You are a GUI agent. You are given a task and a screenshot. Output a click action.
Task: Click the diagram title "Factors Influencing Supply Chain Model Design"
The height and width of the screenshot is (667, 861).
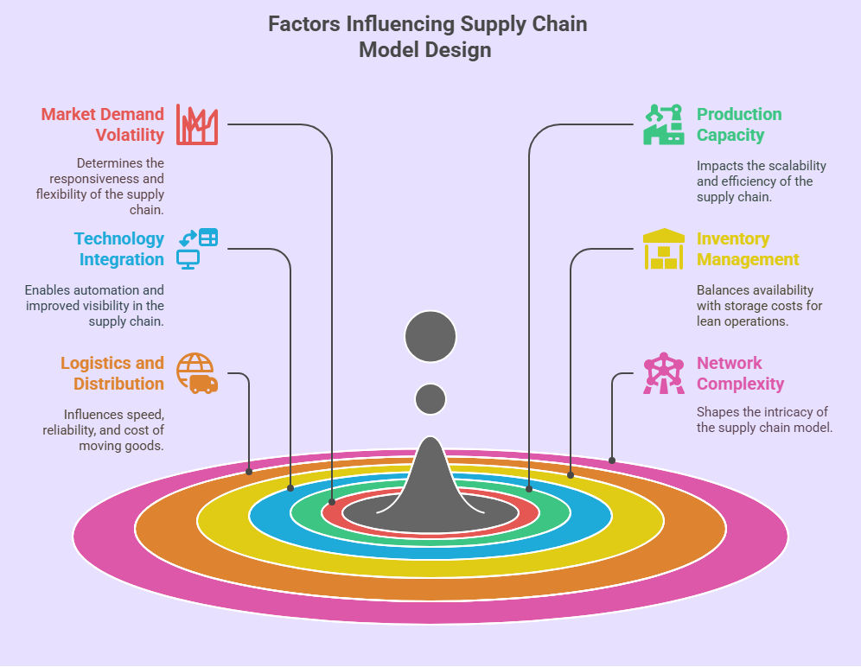click(x=427, y=36)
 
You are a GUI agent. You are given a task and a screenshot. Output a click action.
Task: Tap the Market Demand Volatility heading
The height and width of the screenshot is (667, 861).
click(x=104, y=124)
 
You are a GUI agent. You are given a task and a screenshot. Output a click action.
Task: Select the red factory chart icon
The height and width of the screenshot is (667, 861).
click(x=197, y=124)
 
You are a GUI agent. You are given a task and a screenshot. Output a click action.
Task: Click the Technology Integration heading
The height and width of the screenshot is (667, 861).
click(x=119, y=249)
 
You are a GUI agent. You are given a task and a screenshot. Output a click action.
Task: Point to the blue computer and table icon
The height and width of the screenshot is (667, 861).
click(x=197, y=248)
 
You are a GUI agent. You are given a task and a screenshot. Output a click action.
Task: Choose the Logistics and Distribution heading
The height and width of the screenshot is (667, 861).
click(x=112, y=373)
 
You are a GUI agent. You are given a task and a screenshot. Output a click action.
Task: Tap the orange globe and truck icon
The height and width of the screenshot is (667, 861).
click(x=197, y=373)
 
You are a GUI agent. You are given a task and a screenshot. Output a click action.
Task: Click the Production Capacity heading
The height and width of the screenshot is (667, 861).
click(x=739, y=124)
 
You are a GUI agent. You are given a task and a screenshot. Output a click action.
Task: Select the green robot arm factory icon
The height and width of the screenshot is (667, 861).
click(x=663, y=124)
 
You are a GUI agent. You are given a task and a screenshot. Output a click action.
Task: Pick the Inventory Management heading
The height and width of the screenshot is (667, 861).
click(x=748, y=249)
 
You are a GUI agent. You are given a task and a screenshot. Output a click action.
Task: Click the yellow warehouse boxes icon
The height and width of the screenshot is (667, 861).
click(x=663, y=249)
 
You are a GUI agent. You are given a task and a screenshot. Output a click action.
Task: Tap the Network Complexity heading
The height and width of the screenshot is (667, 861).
click(x=740, y=373)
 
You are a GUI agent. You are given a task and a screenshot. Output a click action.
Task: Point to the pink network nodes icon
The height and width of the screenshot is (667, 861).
click(x=663, y=373)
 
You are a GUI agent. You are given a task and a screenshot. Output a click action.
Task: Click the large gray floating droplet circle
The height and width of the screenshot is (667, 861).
click(x=430, y=336)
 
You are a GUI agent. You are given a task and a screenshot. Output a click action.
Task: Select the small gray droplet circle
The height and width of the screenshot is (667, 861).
click(x=430, y=399)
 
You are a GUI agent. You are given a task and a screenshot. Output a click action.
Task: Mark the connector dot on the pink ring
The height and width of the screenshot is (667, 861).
click(x=612, y=460)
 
